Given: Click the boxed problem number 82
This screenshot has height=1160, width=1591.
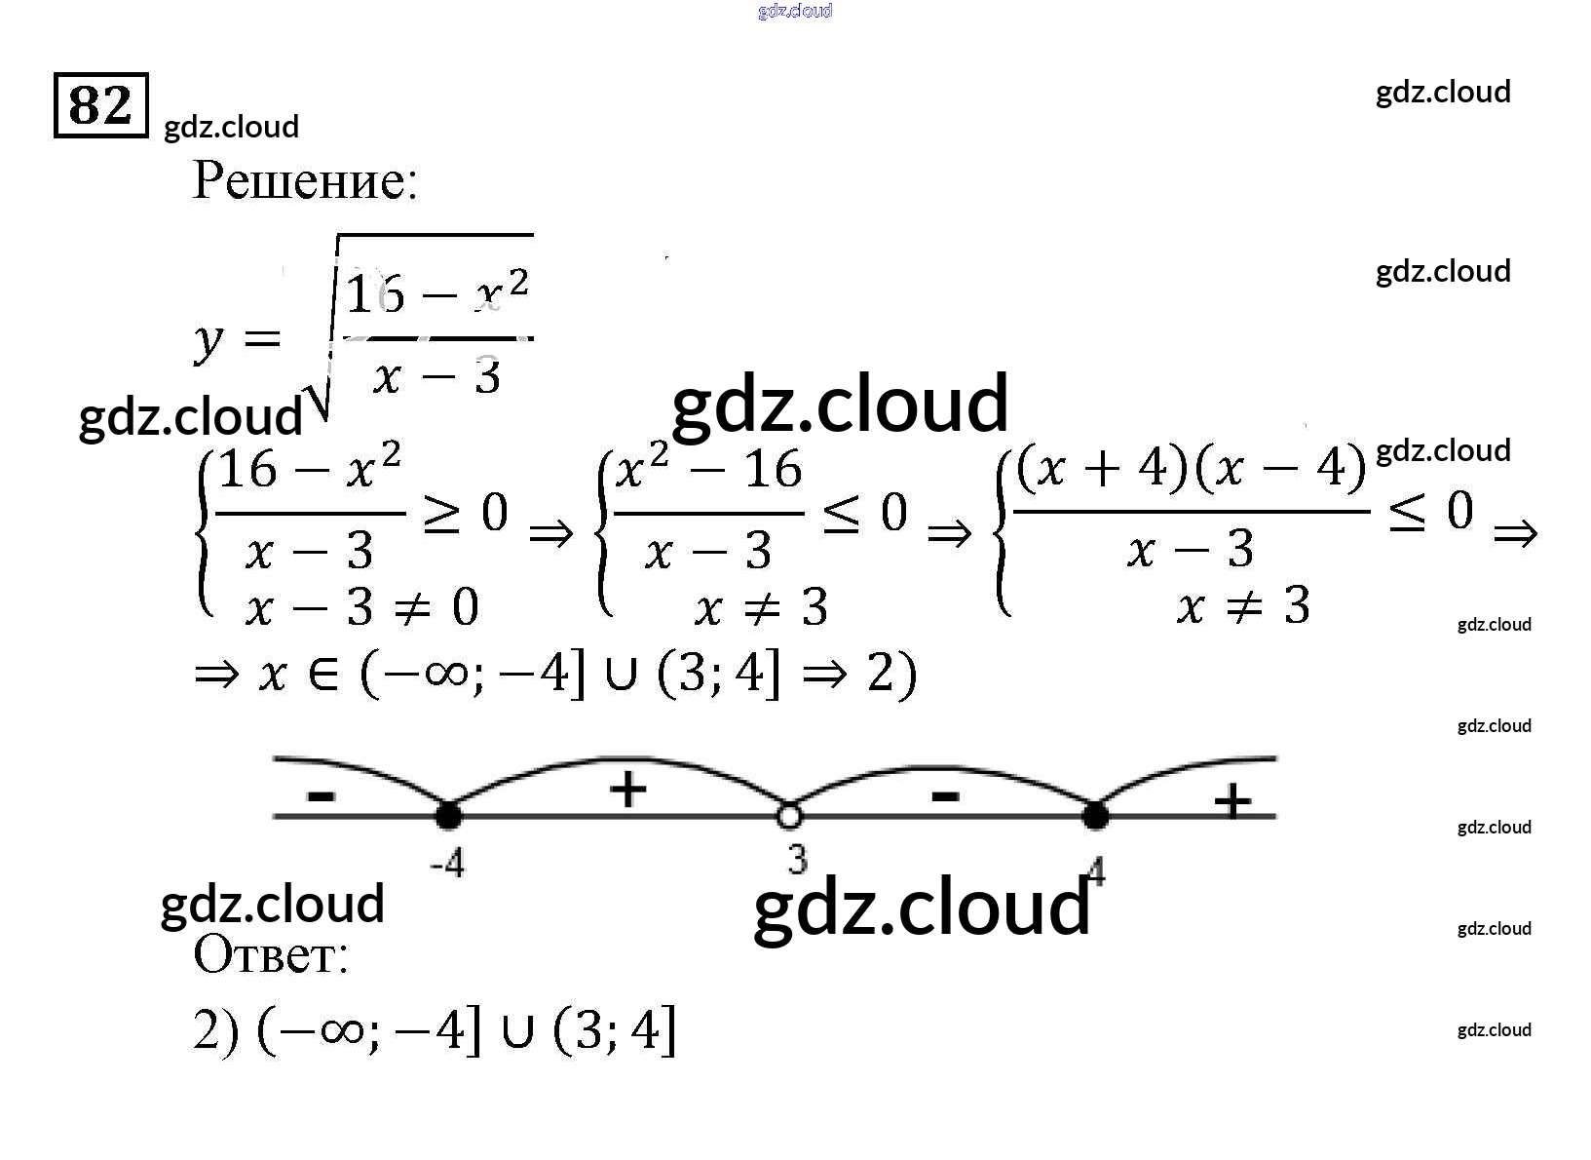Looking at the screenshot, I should click(x=100, y=104).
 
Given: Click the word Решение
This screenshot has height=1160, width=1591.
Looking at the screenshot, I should click(x=305, y=180).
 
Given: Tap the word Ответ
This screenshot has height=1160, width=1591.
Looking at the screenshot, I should click(x=270, y=954).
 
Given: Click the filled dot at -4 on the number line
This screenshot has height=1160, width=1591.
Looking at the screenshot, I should click(x=448, y=815).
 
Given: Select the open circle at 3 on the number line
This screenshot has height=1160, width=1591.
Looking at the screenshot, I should click(x=789, y=815).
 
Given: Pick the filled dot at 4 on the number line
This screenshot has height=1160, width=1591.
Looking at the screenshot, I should click(x=1095, y=815).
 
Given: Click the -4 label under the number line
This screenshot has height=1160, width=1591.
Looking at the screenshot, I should click(x=447, y=863).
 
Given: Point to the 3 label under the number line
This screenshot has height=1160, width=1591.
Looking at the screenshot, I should click(x=798, y=859).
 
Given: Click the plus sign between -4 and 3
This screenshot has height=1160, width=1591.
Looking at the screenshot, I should click(x=627, y=789).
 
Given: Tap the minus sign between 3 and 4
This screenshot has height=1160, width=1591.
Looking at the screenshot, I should click(x=944, y=796).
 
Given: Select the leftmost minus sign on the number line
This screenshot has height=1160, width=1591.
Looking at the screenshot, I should click(x=321, y=796).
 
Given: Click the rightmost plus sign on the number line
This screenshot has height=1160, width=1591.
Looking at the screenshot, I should click(x=1232, y=801).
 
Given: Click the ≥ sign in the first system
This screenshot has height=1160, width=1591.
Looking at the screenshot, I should click(x=441, y=515).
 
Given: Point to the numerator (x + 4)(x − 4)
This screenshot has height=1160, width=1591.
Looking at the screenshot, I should click(x=1191, y=470).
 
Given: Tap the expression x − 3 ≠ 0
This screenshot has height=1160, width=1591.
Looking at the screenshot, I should click(x=361, y=609).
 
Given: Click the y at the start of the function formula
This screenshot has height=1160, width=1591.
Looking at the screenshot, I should click(x=208, y=341).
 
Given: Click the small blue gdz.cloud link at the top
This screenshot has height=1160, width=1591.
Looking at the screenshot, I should click(x=795, y=11).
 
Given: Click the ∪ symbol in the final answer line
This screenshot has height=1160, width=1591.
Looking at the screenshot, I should click(x=517, y=1032).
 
